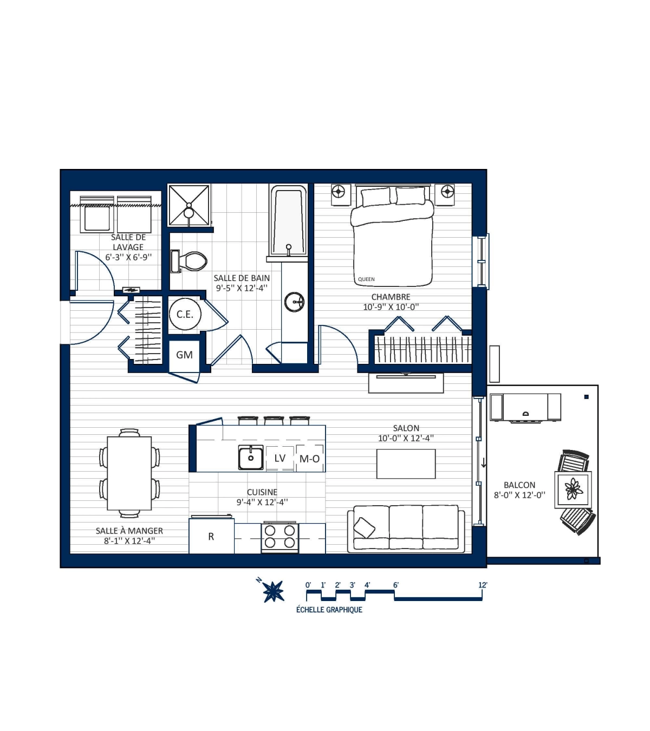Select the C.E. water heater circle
pyautogui.click(x=185, y=314)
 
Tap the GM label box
pyautogui.click(x=184, y=355)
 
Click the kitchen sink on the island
pyautogui.click(x=250, y=458)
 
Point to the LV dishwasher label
pyautogui.click(x=279, y=458)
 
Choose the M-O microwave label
pyautogui.click(x=309, y=459)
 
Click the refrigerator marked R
pyautogui.click(x=211, y=537)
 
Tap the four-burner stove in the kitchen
pyautogui.click(x=279, y=537)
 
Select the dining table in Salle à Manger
pyautogui.click(x=129, y=473)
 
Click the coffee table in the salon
pyautogui.click(x=406, y=464)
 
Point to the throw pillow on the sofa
pyautogui.click(x=364, y=528)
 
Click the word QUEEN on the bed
pyautogui.click(x=366, y=279)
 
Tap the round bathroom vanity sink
pyautogui.click(x=294, y=302)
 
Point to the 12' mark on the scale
pyautogui.click(x=483, y=585)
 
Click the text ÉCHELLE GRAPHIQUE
pyautogui.click(x=329, y=610)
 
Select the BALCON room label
pyautogui.click(x=519, y=485)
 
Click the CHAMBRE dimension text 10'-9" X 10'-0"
pyautogui.click(x=391, y=307)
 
